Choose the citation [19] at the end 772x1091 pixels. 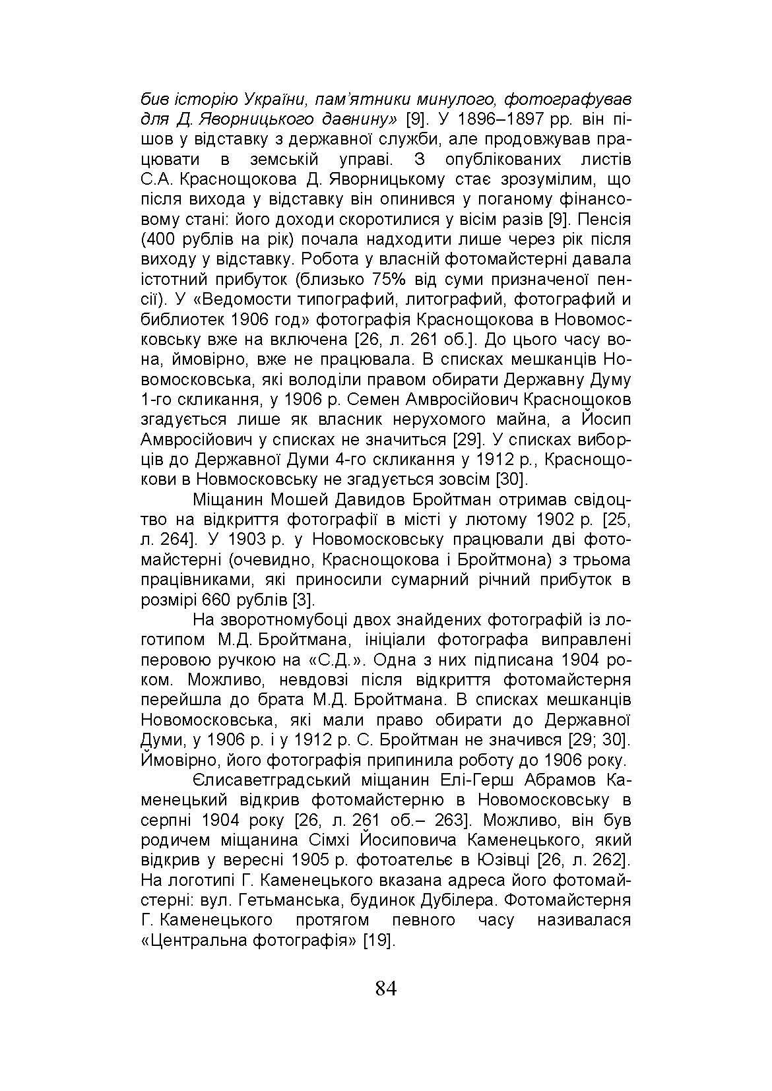click(x=379, y=939)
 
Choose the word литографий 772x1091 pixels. click(x=453, y=299)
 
